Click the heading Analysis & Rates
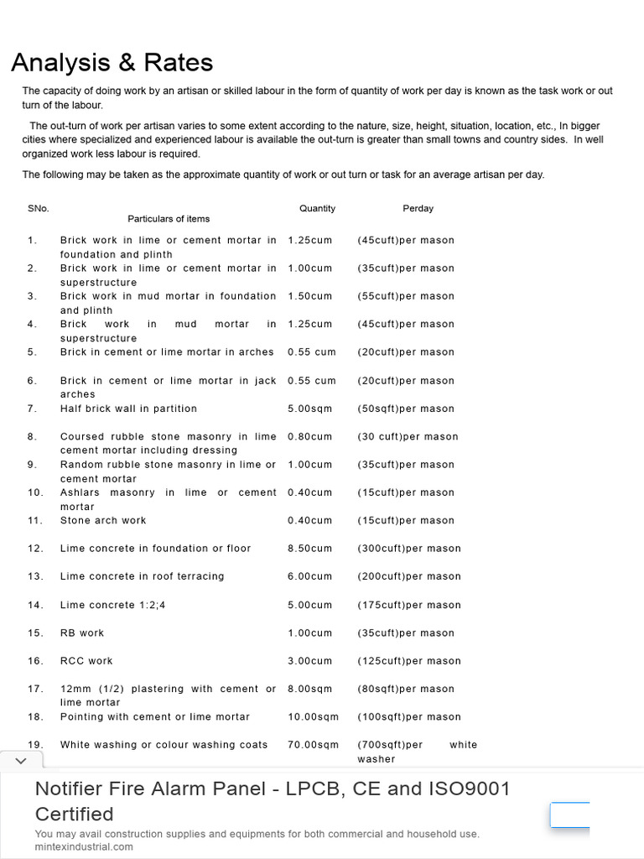(112, 63)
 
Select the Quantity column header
(317, 208)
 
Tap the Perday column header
(418, 208)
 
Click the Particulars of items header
(169, 219)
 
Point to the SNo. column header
(38, 208)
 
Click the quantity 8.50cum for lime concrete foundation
(309, 549)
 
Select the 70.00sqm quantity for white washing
(313, 745)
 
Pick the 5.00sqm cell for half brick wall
(309, 409)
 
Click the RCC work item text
(86, 661)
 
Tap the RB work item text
(82, 633)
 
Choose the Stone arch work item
(103, 520)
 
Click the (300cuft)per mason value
(408, 549)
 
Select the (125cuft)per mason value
(408, 661)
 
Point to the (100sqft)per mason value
(408, 717)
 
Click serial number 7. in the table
(32, 409)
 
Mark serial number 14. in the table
(34, 605)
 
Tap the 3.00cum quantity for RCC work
(309, 661)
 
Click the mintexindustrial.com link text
(84, 846)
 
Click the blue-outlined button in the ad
(570, 815)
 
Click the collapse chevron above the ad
(21, 761)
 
